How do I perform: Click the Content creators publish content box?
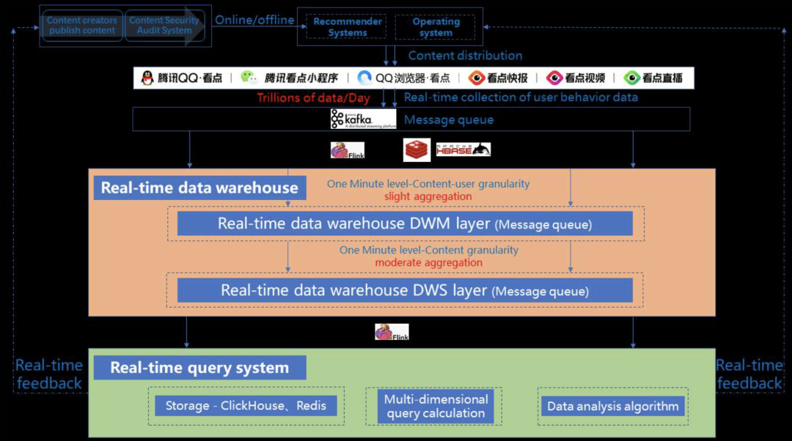[81, 26]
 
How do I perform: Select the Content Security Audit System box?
[164, 26]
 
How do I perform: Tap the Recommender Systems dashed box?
[348, 27]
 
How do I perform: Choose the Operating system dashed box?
[436, 27]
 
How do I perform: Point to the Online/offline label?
[254, 21]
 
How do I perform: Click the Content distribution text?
[465, 56]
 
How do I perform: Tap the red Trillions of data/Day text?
[313, 97]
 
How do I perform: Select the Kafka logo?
[351, 119]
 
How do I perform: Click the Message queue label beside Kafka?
[449, 119]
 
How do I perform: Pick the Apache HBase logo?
[463, 149]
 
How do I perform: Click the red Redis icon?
[417, 149]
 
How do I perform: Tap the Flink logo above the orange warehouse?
[348, 150]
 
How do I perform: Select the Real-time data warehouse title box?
[199, 188]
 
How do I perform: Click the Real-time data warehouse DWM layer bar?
[405, 224]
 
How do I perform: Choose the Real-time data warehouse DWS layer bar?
[405, 290]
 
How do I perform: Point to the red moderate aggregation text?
[429, 262]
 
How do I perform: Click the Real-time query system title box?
[199, 368]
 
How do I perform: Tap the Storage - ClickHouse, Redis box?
[246, 406]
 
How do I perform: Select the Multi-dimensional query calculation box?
[436, 406]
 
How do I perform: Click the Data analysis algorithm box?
[613, 406]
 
